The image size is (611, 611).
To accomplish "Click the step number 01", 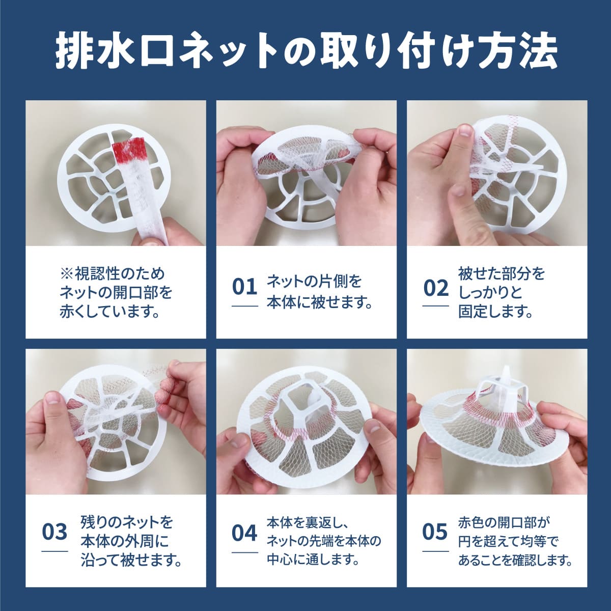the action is point(244,287).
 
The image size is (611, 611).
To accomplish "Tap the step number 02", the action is point(436,288).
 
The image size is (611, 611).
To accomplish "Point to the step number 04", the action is point(244,533).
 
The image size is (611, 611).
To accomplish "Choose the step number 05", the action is point(435,532).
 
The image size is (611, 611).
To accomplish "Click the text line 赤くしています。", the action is point(109,312).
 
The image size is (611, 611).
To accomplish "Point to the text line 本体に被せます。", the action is point(319,303).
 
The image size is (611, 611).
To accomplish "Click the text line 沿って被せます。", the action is point(131,560).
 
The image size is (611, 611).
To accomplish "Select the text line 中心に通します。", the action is point(313,560).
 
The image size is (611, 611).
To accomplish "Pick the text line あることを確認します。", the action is point(515,560).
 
